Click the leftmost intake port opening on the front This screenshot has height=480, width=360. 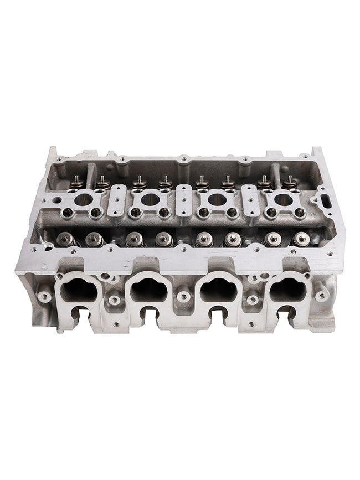[78, 288]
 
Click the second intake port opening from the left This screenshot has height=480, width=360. [148, 288]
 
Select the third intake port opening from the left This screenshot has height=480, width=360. [218, 288]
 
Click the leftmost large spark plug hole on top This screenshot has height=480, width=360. [83, 200]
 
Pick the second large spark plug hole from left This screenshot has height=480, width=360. [150, 199]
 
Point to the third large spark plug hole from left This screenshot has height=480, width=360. [217, 199]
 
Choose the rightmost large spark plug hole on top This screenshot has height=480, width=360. [282, 199]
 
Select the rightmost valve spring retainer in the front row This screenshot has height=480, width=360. [301, 239]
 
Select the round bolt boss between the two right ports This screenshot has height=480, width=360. [252, 300]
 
